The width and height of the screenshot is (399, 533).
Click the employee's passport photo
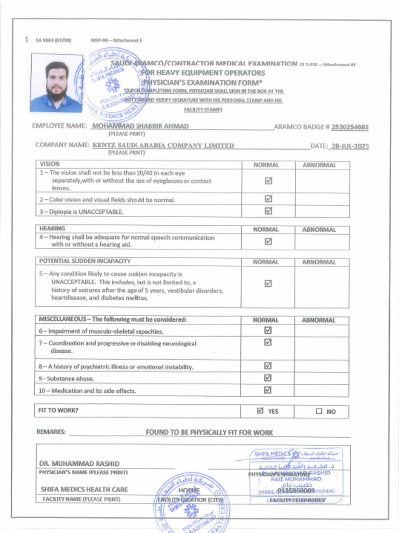point(56,83)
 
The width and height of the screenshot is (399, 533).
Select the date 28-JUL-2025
point(350,146)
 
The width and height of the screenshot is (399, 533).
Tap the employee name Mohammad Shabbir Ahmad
point(140,126)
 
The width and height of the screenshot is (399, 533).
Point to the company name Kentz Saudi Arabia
point(163,146)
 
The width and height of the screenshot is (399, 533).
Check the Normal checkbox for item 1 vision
point(269,181)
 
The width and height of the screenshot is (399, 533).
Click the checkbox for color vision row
point(269,199)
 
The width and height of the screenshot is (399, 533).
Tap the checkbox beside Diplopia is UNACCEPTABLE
point(269,211)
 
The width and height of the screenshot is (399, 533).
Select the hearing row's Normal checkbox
point(269,241)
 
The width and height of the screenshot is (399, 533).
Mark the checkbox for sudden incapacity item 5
point(269,283)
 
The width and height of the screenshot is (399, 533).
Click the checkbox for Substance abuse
point(269,378)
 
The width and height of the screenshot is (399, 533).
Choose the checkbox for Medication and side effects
point(269,390)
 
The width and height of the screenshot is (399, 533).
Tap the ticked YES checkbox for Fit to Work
point(261,411)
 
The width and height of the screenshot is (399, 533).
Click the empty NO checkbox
point(319,411)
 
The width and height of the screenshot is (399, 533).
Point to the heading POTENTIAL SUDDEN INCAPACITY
point(85,261)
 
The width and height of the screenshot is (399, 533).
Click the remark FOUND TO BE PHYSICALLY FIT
point(209,433)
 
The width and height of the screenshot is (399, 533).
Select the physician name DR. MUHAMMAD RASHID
point(79,463)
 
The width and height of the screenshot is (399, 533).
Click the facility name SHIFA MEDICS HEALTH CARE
point(84,489)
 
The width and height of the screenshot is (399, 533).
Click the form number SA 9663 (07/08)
point(53,40)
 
